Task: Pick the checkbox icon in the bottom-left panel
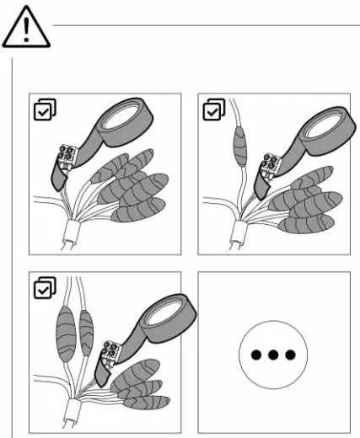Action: pos(40,289)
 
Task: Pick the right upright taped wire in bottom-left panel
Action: pos(85,328)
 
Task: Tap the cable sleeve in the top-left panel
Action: pos(67,231)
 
